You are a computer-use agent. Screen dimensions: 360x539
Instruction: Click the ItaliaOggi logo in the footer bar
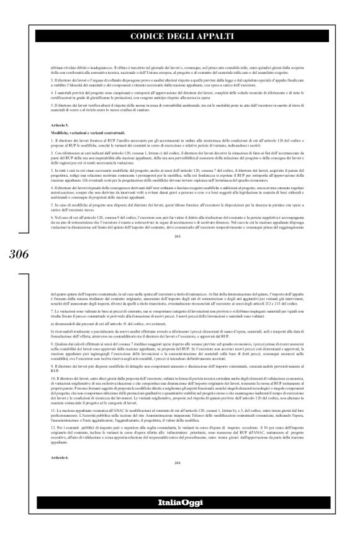(179, 518)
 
